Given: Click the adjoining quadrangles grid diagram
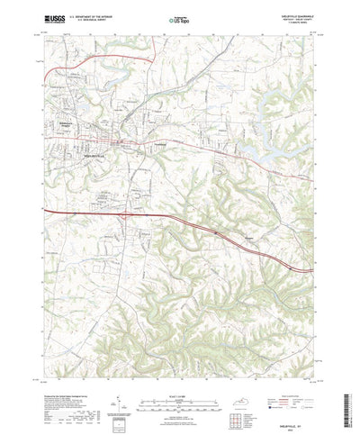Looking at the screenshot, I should (x=269, y=397).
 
